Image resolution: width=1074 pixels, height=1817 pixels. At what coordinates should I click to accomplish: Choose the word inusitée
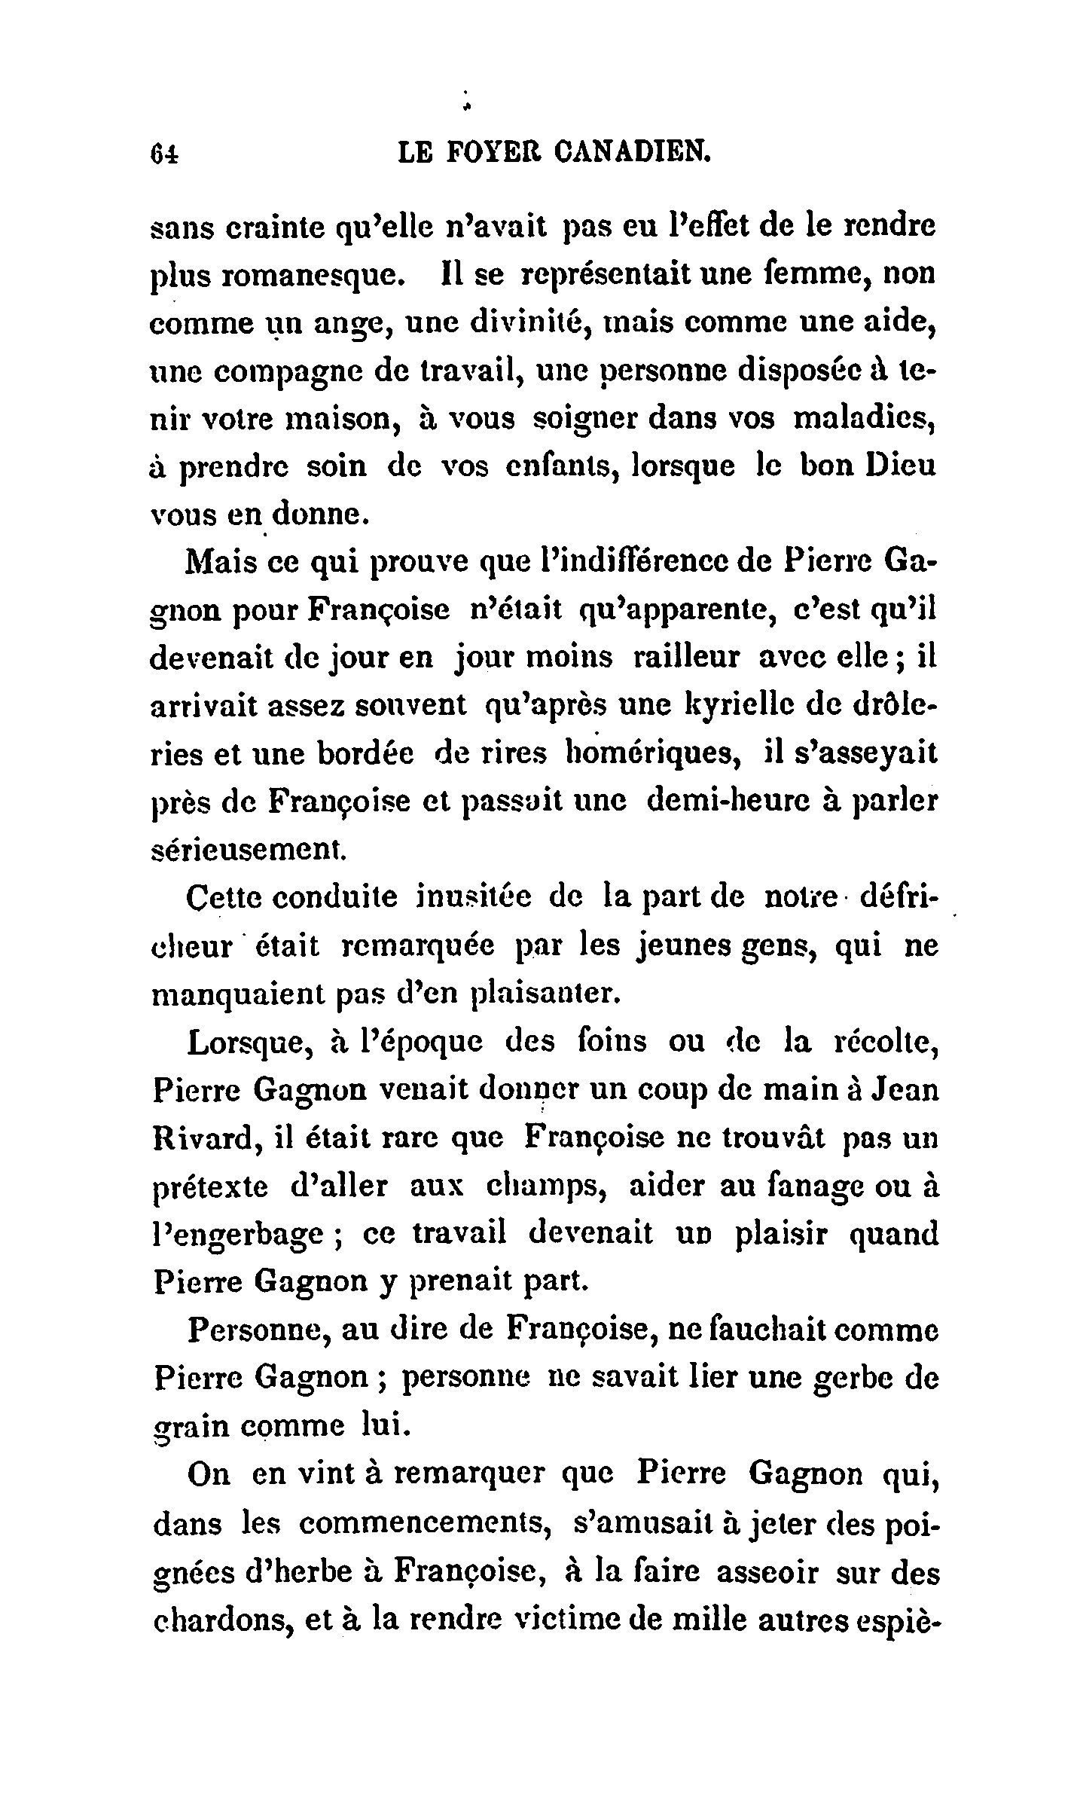tap(490, 897)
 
